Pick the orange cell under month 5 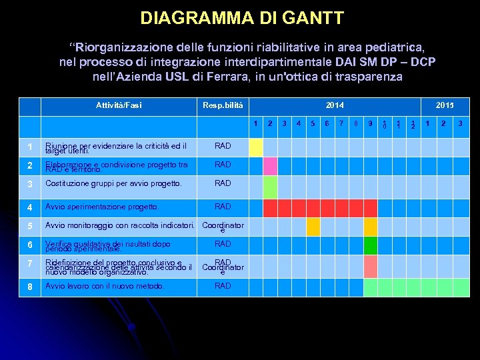(x=313, y=227)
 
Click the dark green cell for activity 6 (x=371, y=246)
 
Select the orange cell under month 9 (x=371, y=227)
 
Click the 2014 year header (x=335, y=106)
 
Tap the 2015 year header (x=445, y=106)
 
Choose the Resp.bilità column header (x=223, y=106)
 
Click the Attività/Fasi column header (x=119, y=106)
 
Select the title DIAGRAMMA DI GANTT (x=242, y=18)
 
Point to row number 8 (x=29, y=287)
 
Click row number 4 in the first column (x=29, y=207)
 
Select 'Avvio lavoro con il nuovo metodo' (x=104, y=286)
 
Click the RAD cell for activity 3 (x=223, y=183)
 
